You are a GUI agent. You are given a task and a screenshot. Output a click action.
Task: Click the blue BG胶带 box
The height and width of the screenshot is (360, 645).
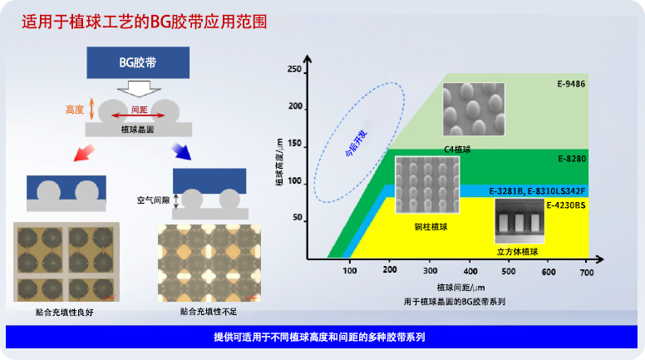[x=137, y=62]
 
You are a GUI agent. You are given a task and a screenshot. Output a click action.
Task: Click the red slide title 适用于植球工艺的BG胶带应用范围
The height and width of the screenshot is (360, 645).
[x=144, y=22]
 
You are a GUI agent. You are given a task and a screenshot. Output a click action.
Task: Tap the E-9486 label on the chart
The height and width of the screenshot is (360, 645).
[x=571, y=84]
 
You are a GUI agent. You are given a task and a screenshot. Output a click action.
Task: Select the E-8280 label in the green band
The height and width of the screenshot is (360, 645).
[x=571, y=157]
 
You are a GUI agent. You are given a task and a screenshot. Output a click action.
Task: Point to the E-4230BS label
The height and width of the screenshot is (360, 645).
[x=565, y=204]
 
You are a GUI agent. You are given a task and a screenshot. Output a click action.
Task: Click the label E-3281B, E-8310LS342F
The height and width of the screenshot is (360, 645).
[x=537, y=190]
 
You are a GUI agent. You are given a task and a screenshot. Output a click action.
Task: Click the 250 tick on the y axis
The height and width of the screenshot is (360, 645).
[x=293, y=70]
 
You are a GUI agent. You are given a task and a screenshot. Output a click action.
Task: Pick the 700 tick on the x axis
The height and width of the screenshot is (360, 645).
[x=586, y=271]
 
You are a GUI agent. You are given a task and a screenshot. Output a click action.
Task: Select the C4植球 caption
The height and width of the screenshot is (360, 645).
[x=458, y=150]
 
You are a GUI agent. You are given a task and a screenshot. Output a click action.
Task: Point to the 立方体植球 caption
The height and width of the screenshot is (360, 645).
[x=518, y=251]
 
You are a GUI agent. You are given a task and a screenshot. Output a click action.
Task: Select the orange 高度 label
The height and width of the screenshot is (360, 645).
[x=75, y=109]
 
